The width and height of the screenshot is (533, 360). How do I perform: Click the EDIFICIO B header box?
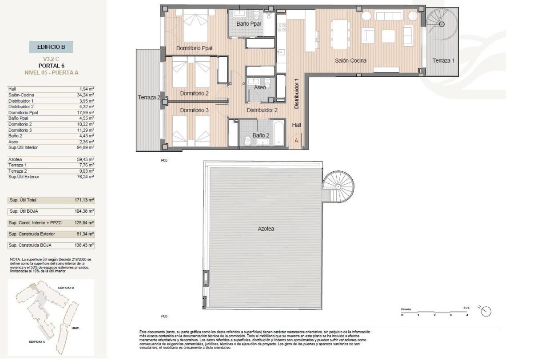click(51, 47)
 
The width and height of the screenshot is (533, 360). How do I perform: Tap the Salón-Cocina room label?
click(350, 60)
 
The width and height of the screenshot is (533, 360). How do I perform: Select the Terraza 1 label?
click(443, 60)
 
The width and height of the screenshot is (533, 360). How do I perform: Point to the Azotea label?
click(266, 229)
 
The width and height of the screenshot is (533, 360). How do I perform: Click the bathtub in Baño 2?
click(278, 132)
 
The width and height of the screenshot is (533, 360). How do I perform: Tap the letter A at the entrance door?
click(297, 141)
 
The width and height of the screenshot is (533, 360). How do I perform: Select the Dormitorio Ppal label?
click(194, 48)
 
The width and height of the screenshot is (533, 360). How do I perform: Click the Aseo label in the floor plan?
click(260, 87)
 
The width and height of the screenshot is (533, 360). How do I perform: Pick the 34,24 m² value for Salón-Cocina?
click(86, 95)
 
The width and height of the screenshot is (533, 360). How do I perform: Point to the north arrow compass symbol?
click(486, 312)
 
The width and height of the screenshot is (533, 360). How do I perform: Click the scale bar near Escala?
click(434, 312)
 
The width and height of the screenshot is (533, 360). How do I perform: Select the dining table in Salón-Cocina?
click(339, 32)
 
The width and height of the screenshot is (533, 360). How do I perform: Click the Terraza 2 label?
click(149, 97)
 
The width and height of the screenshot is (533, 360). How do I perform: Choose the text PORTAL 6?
click(51, 66)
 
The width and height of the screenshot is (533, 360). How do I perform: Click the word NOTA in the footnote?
click(15, 259)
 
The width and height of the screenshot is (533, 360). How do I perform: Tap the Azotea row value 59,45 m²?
click(86, 159)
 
